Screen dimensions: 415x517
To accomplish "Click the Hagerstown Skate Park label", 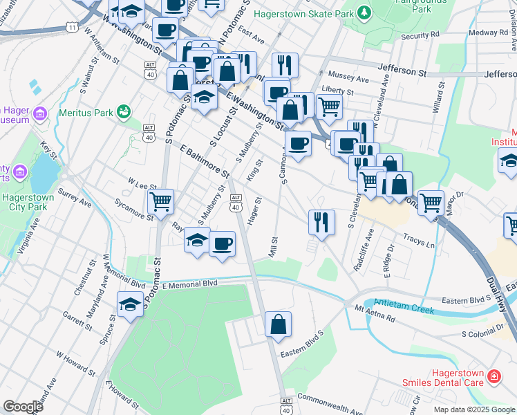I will tap(303, 13).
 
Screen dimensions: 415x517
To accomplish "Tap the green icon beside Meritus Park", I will tap(124, 111).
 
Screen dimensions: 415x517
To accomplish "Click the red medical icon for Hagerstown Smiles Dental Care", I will tap(494, 377).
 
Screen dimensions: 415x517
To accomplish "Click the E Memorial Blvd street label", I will tap(189, 284).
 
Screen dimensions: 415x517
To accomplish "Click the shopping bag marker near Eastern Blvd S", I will tap(278, 324).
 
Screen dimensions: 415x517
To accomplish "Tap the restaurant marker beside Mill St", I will tap(321, 222).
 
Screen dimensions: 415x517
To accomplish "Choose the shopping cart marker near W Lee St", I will tap(160, 202).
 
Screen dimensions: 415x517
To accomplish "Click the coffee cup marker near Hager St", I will tap(222, 244).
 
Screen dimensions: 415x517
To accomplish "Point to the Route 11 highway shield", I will tap(72, 26).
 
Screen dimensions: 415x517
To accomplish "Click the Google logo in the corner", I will tap(23, 407).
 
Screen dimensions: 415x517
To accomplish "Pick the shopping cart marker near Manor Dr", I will tap(431, 203).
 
